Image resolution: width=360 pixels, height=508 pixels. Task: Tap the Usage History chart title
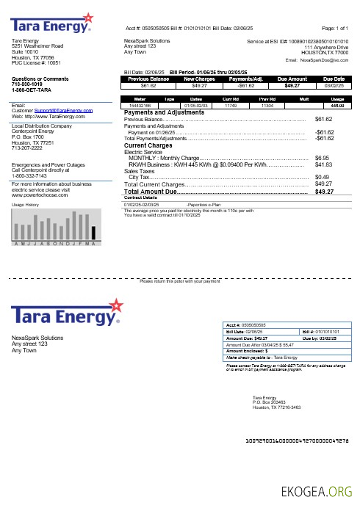pyautogui.click(x=24, y=205)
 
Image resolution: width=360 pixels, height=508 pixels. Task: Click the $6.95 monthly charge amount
pyautogui.click(x=322, y=158)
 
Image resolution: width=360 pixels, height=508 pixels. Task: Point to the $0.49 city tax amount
pyautogui.click(x=322, y=177)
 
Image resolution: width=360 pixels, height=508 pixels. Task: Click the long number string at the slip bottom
pyautogui.click(x=296, y=440)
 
